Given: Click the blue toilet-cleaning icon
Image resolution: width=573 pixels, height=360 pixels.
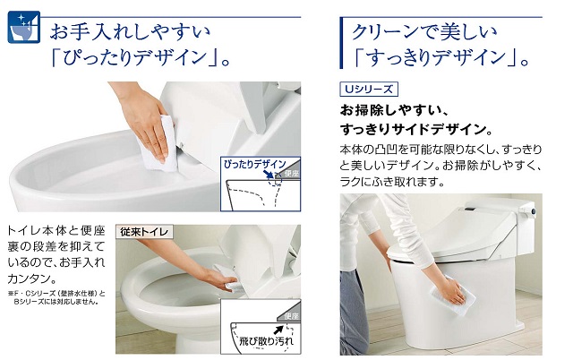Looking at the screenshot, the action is pyautogui.click(x=24, y=27).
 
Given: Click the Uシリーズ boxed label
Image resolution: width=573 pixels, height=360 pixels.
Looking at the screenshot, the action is pyautogui.click(x=368, y=90).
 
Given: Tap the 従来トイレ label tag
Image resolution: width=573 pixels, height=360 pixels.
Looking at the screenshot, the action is pyautogui.click(x=144, y=232).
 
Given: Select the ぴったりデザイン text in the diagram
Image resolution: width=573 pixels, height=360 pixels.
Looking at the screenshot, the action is pyautogui.click(x=254, y=164).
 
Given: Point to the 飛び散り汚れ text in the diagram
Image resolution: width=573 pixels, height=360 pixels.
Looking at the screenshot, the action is pyautogui.click(x=266, y=341).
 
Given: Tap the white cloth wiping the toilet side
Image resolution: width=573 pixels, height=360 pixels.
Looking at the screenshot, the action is pyautogui.click(x=452, y=295).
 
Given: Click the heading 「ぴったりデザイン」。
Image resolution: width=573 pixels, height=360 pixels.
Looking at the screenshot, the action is pyautogui.click(x=141, y=57).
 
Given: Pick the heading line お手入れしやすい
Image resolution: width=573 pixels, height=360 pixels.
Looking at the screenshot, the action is pyautogui.click(x=131, y=31).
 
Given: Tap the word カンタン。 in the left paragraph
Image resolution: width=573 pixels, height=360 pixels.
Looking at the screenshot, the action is pyautogui.click(x=32, y=279).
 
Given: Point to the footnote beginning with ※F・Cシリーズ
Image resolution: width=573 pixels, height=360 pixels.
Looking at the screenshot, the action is pyautogui.click(x=56, y=297).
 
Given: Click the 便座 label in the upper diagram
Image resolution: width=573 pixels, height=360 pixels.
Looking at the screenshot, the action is pyautogui.click(x=292, y=174).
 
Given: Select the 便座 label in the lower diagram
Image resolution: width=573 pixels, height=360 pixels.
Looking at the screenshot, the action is pyautogui.click(x=291, y=316).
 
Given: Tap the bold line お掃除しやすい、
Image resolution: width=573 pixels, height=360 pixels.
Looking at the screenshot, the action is pyautogui.click(x=394, y=110).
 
